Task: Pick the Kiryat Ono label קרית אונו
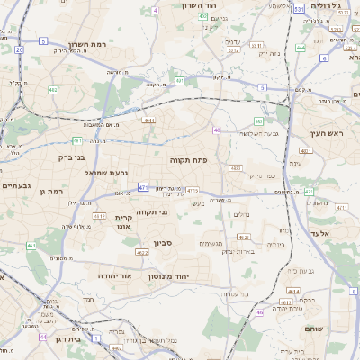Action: (x=123, y=223)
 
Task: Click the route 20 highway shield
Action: (x=19, y=49)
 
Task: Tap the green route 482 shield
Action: (x=54, y=90)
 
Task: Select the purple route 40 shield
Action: (x=217, y=130)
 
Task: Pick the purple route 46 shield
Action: (x=260, y=312)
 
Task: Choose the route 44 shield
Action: (x=43, y=337)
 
